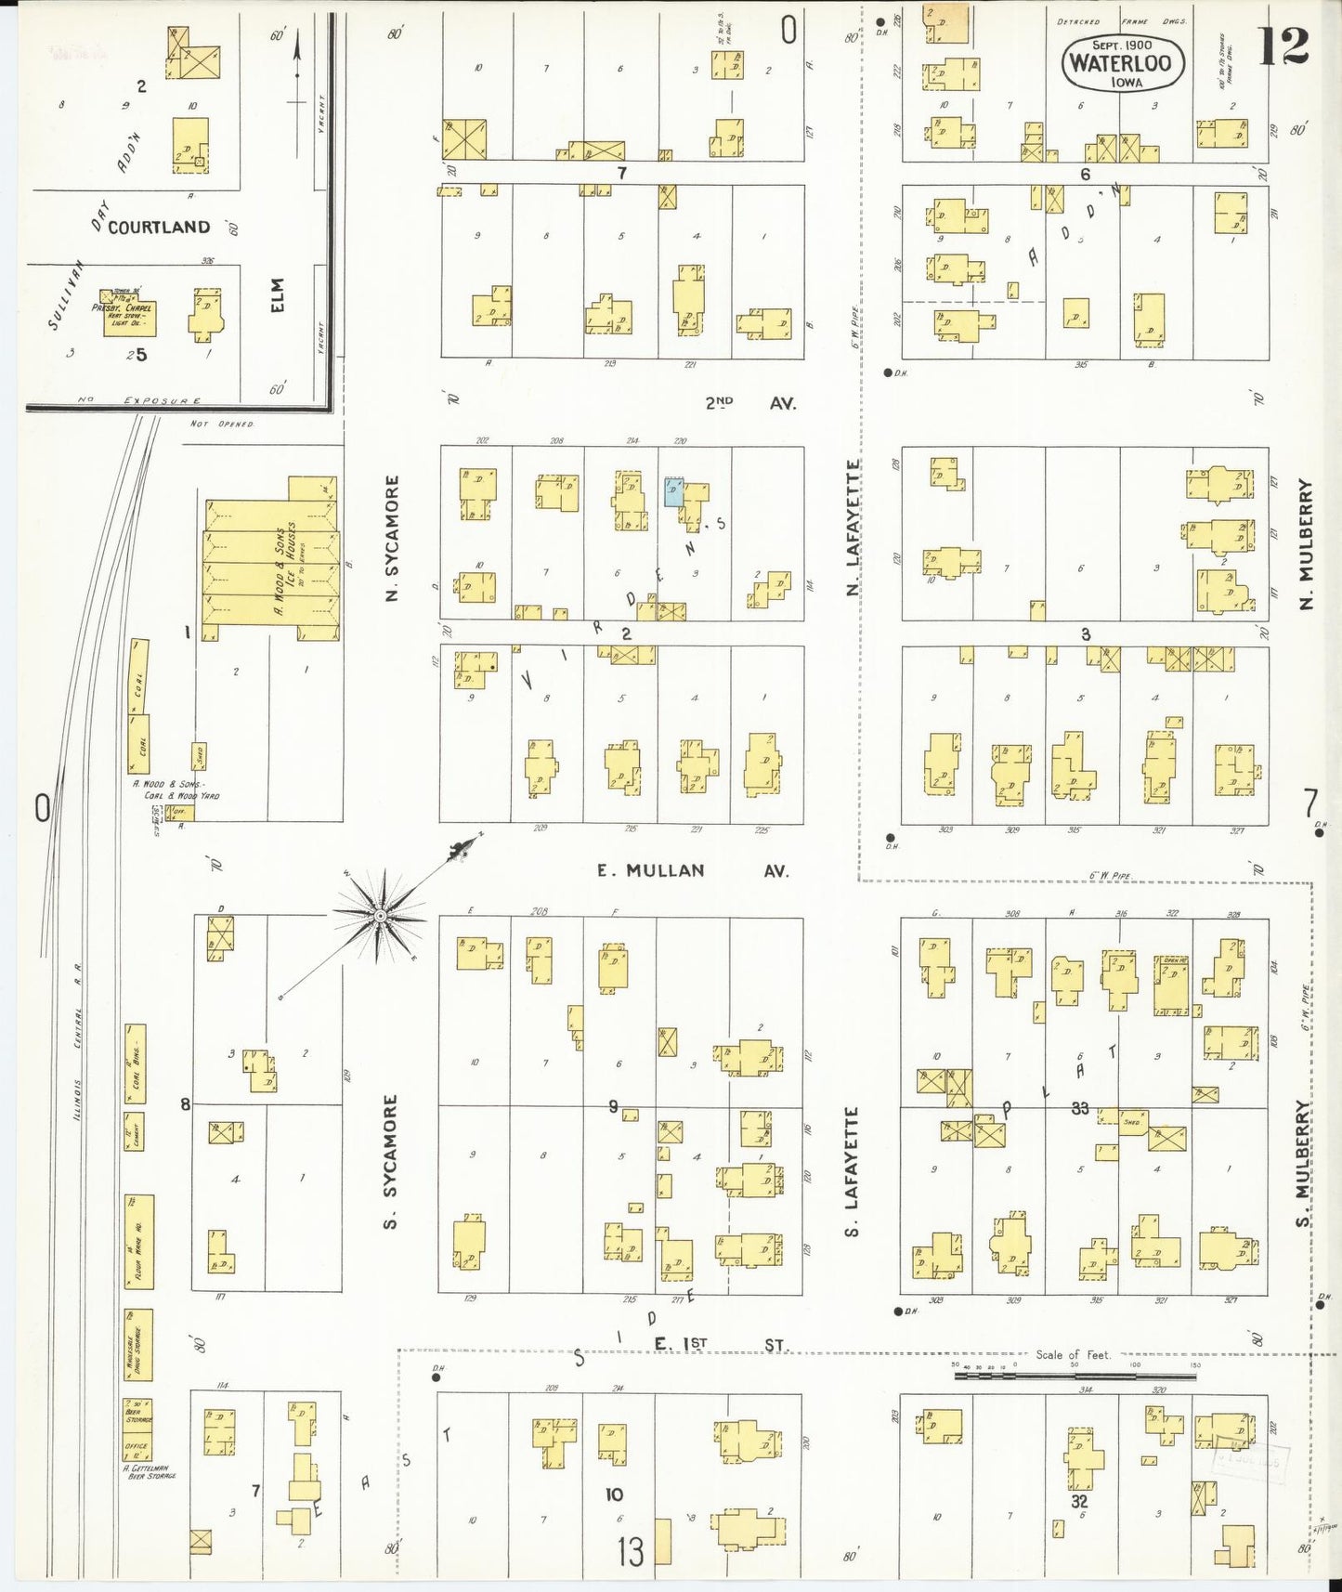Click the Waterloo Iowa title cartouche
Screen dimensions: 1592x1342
point(1123,63)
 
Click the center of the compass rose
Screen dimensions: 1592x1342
point(379,916)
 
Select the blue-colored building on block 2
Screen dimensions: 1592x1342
point(673,492)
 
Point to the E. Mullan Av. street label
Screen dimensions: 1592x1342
point(692,870)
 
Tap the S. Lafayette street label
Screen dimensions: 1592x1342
point(851,1171)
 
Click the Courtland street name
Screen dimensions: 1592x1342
point(159,228)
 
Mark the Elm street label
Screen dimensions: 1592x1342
point(277,294)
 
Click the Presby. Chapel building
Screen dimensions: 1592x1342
point(129,317)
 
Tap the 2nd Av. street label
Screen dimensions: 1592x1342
point(749,403)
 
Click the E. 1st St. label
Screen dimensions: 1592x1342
point(719,1344)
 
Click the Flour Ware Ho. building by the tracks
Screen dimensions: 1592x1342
point(138,1241)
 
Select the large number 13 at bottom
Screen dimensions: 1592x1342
point(631,1551)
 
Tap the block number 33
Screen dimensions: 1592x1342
point(1079,1107)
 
